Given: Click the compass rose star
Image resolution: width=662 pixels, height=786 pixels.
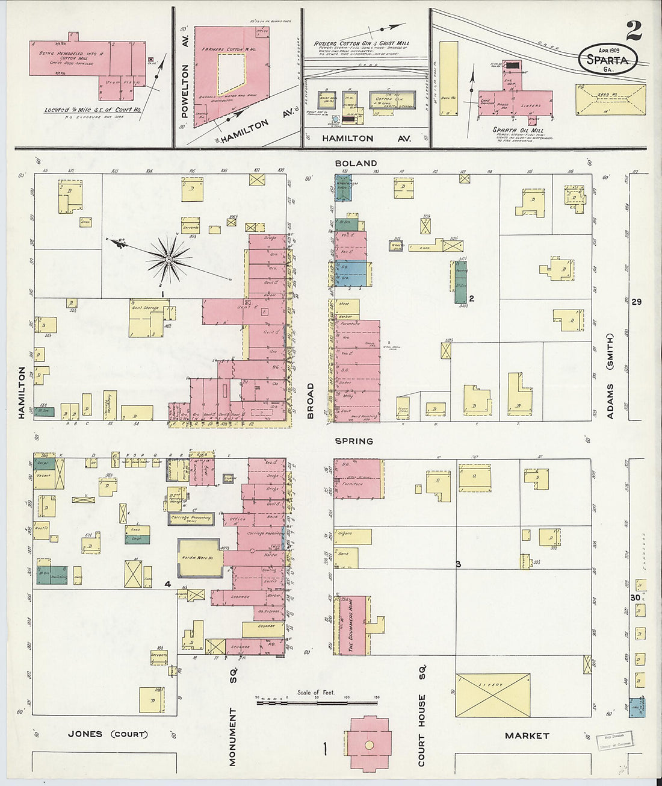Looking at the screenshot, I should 169,260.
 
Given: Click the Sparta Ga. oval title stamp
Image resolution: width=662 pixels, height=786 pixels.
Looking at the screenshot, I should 607,60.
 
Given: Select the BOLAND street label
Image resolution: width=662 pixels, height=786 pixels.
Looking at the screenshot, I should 357,163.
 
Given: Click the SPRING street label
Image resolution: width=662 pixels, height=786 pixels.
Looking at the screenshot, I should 354,441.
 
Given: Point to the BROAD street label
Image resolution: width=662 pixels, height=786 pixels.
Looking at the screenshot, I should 311,401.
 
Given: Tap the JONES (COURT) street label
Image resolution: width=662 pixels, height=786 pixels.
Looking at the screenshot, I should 108,734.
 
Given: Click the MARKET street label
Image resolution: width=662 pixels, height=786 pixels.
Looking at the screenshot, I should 527,735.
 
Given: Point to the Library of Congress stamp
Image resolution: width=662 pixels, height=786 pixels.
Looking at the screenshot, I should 611,744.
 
